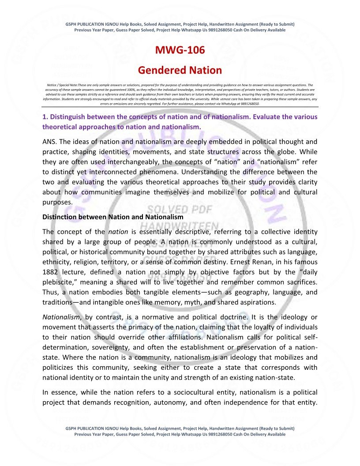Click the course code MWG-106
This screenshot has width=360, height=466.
click(180, 50)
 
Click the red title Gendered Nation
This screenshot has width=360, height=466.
click(180, 70)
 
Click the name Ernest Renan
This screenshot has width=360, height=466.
click(266, 261)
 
